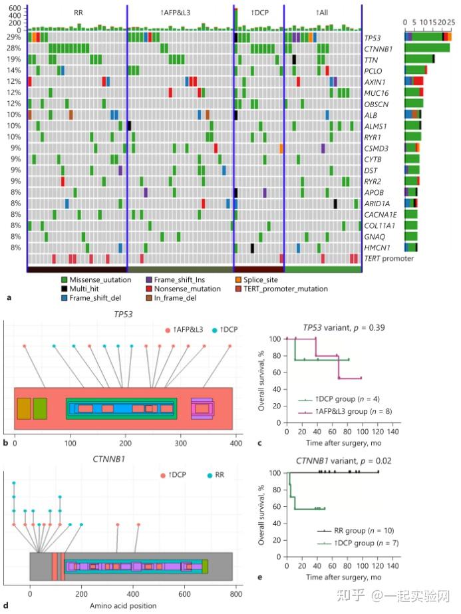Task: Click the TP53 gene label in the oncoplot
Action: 373,37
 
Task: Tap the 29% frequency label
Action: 14,37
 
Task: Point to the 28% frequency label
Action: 14,48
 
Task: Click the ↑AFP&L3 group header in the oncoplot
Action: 178,13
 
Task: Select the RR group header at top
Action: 78,13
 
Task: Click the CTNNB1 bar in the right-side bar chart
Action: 427,48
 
